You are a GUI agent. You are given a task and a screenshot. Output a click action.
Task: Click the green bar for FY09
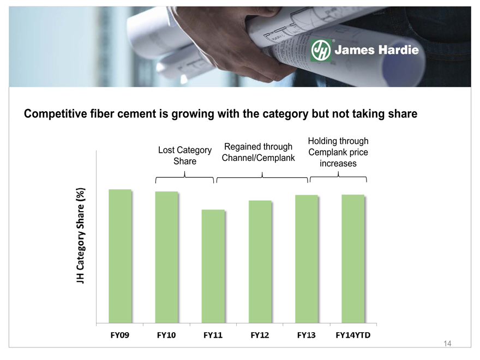[x=120, y=256]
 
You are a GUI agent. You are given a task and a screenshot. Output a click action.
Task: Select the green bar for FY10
[x=166, y=257]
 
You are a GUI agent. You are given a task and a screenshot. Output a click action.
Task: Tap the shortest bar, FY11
[x=213, y=266]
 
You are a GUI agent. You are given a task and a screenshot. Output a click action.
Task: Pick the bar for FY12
[x=260, y=262]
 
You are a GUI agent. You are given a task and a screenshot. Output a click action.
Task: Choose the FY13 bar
[x=307, y=259]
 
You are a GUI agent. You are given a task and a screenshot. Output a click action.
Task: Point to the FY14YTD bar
[x=353, y=259]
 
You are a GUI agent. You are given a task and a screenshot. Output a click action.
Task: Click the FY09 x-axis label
[x=119, y=335]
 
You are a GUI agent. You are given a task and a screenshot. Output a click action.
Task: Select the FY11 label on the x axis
[x=213, y=335]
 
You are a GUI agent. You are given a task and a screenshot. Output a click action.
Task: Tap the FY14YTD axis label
[x=353, y=335]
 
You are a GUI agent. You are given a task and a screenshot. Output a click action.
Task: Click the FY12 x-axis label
[x=260, y=335]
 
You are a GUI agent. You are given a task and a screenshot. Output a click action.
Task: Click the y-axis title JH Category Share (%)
[x=81, y=236]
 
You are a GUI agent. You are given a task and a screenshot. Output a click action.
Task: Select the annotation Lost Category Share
[x=185, y=155]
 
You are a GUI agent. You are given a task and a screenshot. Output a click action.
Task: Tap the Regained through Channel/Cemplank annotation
[x=259, y=152]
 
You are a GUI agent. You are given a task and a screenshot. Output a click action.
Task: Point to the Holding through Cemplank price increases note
[x=338, y=152]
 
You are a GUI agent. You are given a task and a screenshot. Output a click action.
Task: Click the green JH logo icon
[x=321, y=50]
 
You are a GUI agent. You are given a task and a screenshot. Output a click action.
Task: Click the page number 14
[x=447, y=344]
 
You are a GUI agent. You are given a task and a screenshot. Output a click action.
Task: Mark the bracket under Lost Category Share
[x=184, y=177]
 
